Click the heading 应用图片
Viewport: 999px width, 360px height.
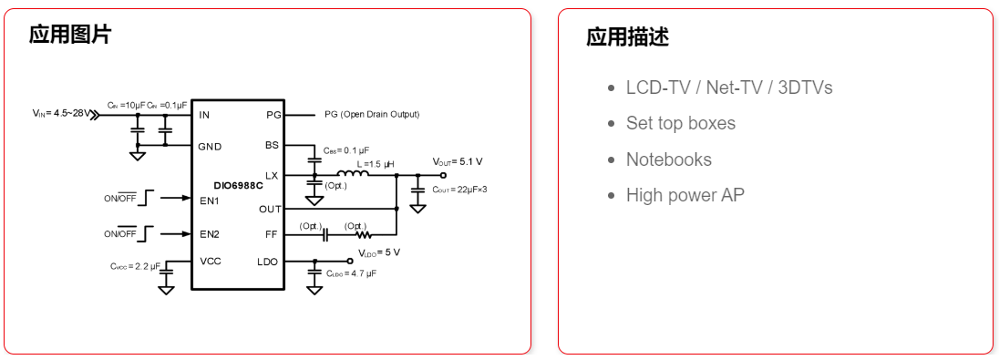pyautogui.click(x=70, y=36)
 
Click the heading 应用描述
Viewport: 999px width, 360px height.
pyautogui.click(x=627, y=37)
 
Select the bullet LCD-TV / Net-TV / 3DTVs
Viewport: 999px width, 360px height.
pyautogui.click(x=728, y=87)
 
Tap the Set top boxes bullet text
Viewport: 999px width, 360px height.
pyautogui.click(x=680, y=123)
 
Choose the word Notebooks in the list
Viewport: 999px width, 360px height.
pyautogui.click(x=668, y=159)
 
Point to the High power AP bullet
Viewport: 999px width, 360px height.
pyautogui.click(x=685, y=195)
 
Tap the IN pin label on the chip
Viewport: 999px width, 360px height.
pyautogui.click(x=204, y=115)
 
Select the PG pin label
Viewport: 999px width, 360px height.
pyautogui.click(x=273, y=115)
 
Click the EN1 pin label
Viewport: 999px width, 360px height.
pyautogui.click(x=210, y=200)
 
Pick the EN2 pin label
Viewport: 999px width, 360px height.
pyautogui.click(x=210, y=234)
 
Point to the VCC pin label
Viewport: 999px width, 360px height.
pyautogui.click(x=211, y=262)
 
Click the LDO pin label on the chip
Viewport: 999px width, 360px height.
pyautogui.click(x=268, y=262)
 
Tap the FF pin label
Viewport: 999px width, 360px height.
pyautogui.click(x=272, y=234)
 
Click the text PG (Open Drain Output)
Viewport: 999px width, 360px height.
pyautogui.click(x=372, y=115)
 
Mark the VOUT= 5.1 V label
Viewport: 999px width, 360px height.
pyautogui.click(x=458, y=161)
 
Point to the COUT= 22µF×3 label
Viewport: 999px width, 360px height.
pyautogui.click(x=459, y=190)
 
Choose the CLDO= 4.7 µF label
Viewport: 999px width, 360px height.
pyautogui.click(x=352, y=273)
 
